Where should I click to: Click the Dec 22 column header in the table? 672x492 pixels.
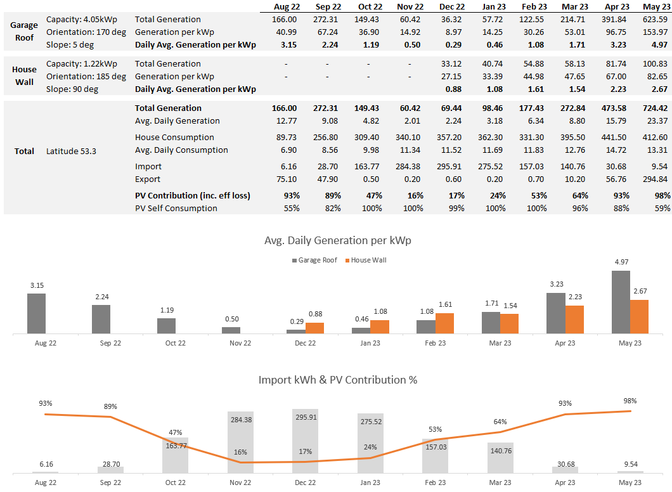452,6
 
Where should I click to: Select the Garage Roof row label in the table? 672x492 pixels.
24,31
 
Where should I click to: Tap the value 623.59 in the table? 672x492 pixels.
656,19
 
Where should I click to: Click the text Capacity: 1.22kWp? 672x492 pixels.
81,64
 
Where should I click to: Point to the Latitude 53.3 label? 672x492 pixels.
71,152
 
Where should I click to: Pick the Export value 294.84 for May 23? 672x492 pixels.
656,179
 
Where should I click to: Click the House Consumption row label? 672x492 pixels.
174,137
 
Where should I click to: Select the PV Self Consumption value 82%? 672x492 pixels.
333,209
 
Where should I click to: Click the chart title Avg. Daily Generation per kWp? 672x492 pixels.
338,240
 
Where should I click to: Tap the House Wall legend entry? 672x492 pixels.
366,260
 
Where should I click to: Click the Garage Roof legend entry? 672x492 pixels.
314,260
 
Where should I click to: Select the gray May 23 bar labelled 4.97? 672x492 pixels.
621,302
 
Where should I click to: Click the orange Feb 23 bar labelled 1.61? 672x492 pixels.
444,323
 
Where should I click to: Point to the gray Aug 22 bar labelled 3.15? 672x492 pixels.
36,313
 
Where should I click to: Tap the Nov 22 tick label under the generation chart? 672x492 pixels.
240,343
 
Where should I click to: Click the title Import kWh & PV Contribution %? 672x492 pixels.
338,380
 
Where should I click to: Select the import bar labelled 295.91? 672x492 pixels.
305,441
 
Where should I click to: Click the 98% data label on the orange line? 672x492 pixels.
630,401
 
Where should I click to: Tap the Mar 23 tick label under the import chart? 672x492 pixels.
500,482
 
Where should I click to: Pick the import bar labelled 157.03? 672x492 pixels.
435,456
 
